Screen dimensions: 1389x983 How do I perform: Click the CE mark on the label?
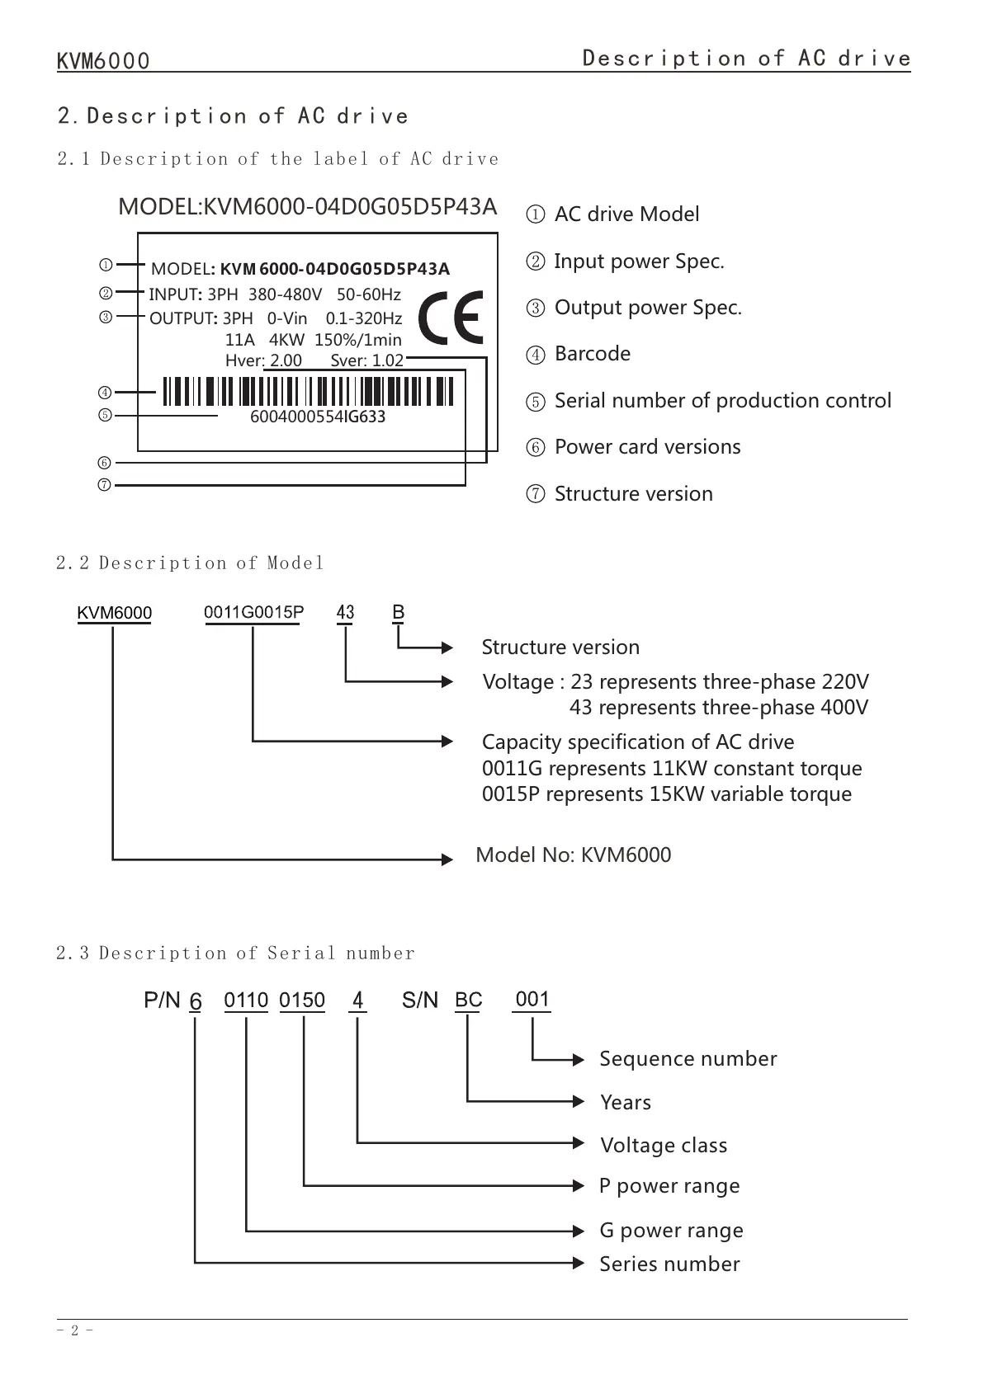[x=451, y=318]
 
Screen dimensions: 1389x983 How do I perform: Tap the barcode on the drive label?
[x=308, y=392]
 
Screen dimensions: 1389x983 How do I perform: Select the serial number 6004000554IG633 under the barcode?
[x=318, y=417]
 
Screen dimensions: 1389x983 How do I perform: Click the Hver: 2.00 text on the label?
[x=263, y=360]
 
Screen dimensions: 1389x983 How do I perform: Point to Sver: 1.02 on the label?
[x=366, y=360]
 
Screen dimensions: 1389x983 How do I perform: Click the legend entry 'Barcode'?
[x=592, y=354]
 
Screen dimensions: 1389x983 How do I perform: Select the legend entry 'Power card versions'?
[x=647, y=447]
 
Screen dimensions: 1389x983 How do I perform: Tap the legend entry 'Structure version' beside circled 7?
[x=633, y=494]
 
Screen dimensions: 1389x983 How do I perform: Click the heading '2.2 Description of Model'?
[x=190, y=563]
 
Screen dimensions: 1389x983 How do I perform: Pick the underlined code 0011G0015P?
[x=253, y=613]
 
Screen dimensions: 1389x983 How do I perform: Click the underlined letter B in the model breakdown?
[x=399, y=613]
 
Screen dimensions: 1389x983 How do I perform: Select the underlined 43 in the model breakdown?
[x=345, y=613]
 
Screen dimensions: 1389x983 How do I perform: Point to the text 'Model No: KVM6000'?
[x=574, y=855]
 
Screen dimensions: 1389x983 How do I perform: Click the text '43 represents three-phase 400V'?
[x=718, y=708]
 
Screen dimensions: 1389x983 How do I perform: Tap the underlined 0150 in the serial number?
[x=302, y=1001]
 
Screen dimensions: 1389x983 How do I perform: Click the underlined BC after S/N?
[x=468, y=1001]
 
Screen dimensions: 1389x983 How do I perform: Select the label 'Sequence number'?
[x=688, y=1059]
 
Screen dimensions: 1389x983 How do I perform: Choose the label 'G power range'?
[x=671, y=1231]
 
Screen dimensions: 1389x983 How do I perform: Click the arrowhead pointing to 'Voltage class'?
[x=579, y=1142]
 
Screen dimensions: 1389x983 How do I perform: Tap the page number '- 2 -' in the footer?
[x=74, y=1330]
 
